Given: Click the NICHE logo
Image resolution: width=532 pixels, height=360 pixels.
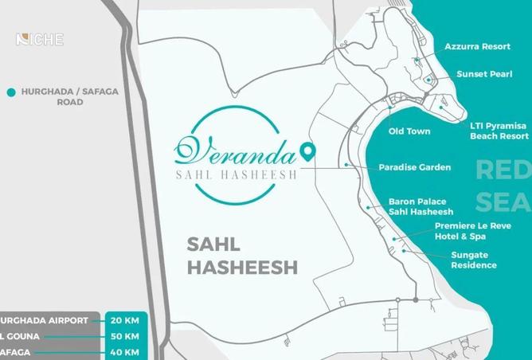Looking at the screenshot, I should tap(39, 39).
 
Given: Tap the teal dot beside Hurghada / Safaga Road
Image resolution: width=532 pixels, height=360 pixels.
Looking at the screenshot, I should tap(11, 92).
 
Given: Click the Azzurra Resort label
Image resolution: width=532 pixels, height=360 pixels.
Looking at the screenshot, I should tap(477, 47).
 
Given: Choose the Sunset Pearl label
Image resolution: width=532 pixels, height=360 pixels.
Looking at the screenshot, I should tap(483, 74).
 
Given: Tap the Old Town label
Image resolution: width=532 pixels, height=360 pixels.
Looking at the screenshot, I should tap(409, 131).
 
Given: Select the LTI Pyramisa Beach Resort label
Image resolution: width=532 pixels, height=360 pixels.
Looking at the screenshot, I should tap(499, 131).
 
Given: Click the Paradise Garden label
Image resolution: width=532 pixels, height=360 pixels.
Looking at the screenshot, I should tap(414, 167).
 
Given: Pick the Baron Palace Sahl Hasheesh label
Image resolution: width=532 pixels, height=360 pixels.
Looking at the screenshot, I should tap(421, 206).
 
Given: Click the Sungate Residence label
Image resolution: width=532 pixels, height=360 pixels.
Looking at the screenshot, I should tap(473, 260).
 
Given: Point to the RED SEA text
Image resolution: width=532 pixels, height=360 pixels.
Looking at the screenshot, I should tap(503, 186).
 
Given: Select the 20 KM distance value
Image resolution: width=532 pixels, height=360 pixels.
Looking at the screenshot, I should tap(125, 320).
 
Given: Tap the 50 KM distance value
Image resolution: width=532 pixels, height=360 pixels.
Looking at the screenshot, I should tap(125, 336).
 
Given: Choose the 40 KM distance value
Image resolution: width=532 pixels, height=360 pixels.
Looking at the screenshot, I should tap(125, 352).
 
